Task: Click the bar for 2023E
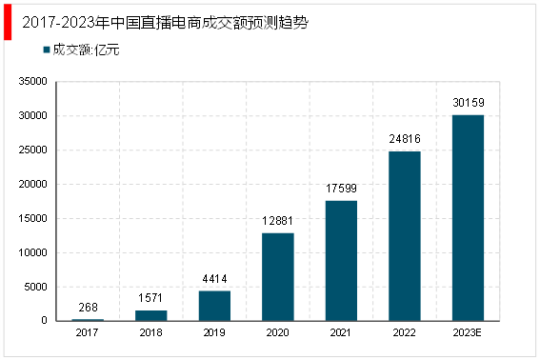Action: pyautogui.click(x=467, y=218)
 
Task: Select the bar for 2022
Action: pyautogui.click(x=404, y=236)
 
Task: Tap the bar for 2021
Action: pyautogui.click(x=341, y=261)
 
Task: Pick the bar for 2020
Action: pyautogui.click(x=278, y=277)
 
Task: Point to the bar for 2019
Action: pyautogui.click(x=214, y=306)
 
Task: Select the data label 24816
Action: pyautogui.click(x=404, y=139)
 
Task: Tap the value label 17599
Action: pyautogui.click(x=341, y=189)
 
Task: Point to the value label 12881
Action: pyautogui.click(x=278, y=221)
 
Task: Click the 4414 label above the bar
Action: pyautogui.click(x=214, y=279)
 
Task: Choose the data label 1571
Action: pyautogui.click(x=151, y=298)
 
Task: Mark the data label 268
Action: pyautogui.click(x=89, y=307)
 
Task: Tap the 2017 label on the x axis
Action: pyautogui.click(x=89, y=332)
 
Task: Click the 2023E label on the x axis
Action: pyautogui.click(x=467, y=332)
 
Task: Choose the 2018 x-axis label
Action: pyautogui.click(x=151, y=332)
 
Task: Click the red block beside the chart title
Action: pyautogui.click(x=8, y=25)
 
